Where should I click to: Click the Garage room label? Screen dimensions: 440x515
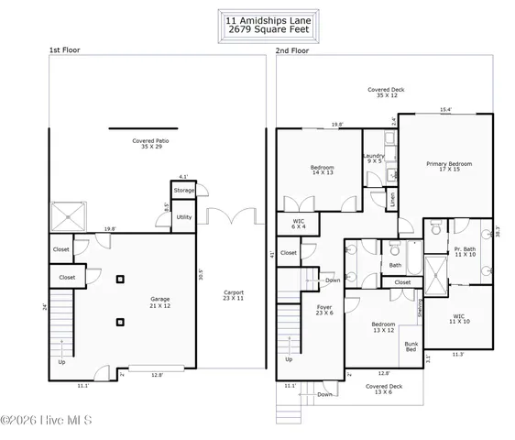click(x=165, y=302)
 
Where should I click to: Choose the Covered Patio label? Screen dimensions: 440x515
click(x=150, y=144)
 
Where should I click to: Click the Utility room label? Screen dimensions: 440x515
click(x=184, y=217)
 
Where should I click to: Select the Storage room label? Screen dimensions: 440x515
click(x=184, y=191)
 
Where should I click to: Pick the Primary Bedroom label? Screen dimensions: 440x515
click(x=449, y=166)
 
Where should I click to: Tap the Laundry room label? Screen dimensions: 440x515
click(x=373, y=159)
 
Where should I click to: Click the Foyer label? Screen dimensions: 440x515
click(x=324, y=310)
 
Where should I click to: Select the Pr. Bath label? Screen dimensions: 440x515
click(x=464, y=252)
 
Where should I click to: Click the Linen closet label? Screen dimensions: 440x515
click(x=390, y=197)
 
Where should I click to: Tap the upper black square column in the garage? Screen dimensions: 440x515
click(x=120, y=280)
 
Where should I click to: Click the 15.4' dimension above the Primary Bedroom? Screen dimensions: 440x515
click(x=445, y=111)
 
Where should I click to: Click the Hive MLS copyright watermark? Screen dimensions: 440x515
click(x=51, y=422)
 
